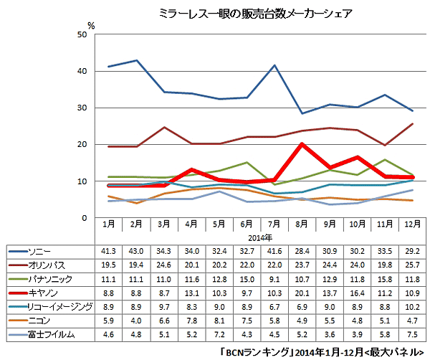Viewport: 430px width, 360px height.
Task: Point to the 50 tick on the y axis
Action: [84, 34]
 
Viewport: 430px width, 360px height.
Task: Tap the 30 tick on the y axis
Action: [84, 108]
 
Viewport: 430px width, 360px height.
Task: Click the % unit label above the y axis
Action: [91, 24]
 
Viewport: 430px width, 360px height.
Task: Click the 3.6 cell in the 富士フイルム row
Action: [328, 333]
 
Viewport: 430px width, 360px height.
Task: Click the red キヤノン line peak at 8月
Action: [302, 144]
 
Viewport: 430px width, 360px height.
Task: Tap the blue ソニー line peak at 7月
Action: [274, 65]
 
